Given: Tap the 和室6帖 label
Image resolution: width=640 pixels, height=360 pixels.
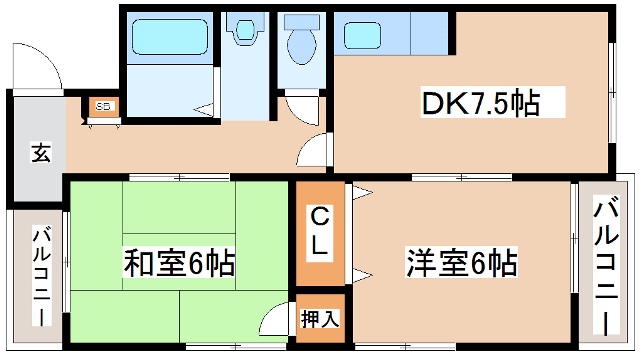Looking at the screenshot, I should [179, 264].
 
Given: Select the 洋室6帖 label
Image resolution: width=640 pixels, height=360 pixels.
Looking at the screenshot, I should [461, 264].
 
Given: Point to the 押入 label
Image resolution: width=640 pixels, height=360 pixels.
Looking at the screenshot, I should [320, 319].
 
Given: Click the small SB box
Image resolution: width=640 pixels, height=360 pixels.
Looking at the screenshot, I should [104, 106].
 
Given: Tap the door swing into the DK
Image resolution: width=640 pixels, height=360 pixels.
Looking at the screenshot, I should [315, 150].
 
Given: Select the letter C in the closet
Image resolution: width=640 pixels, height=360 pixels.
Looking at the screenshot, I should [319, 216].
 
